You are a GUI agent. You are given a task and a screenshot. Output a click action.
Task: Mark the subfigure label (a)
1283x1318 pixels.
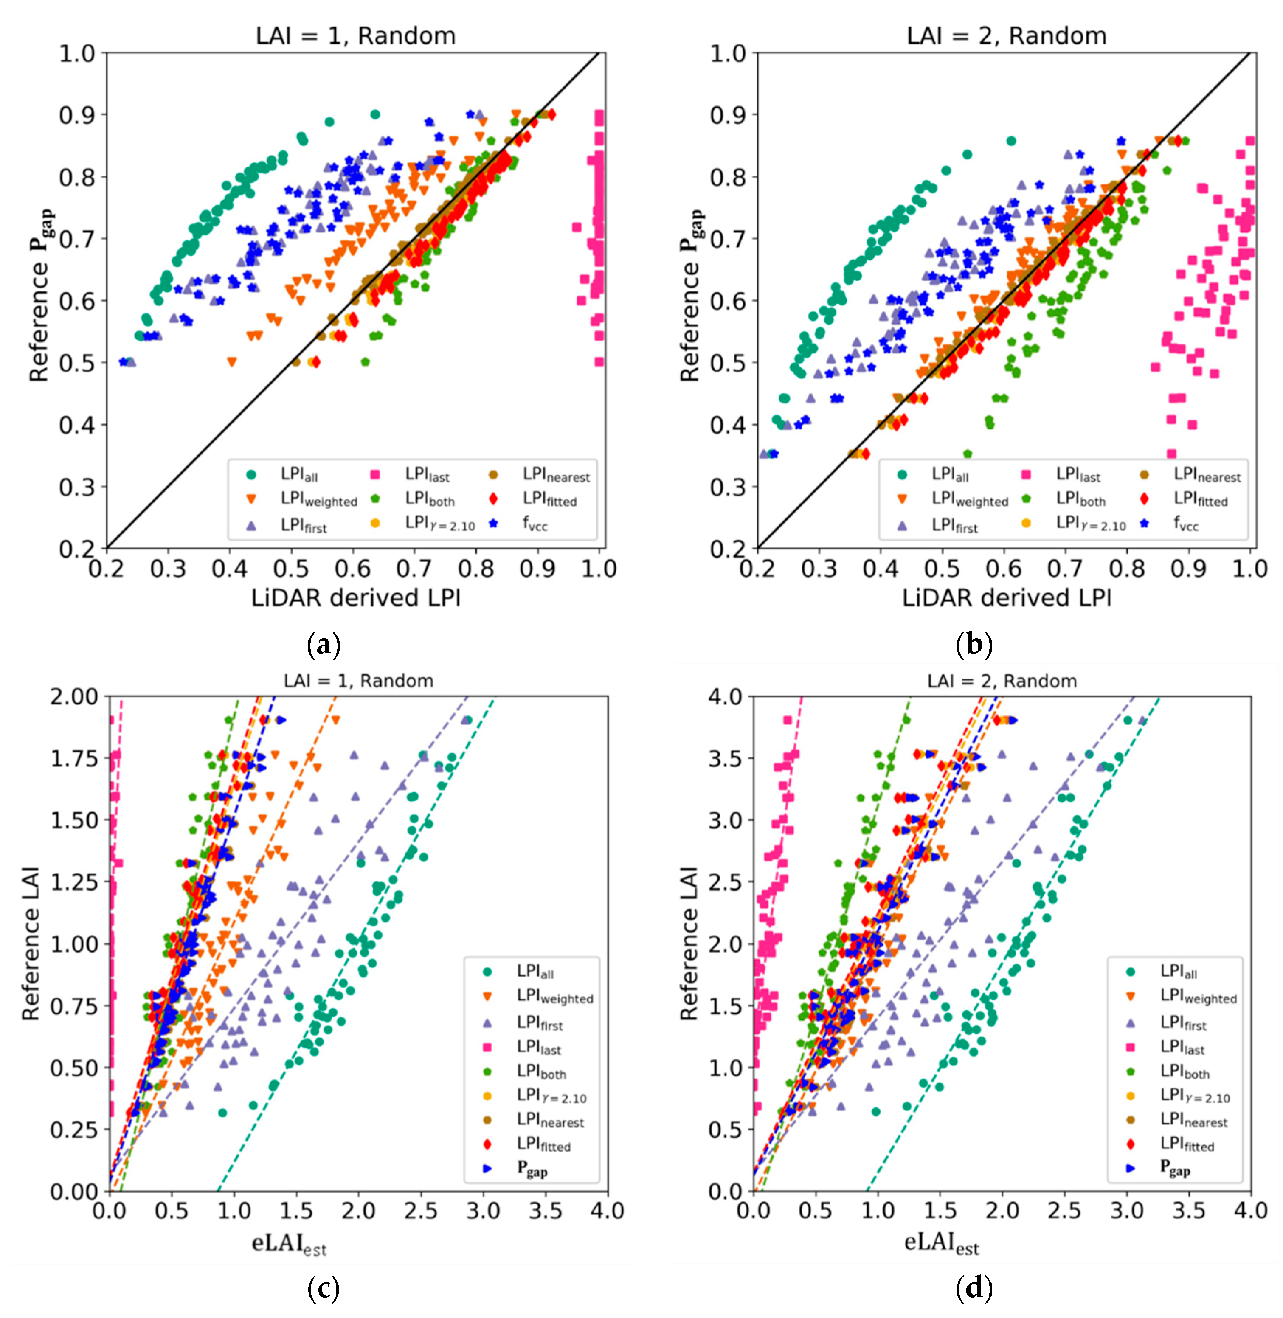[x=324, y=646]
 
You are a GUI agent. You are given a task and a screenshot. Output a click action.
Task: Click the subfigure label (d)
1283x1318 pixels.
[x=974, y=1289]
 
